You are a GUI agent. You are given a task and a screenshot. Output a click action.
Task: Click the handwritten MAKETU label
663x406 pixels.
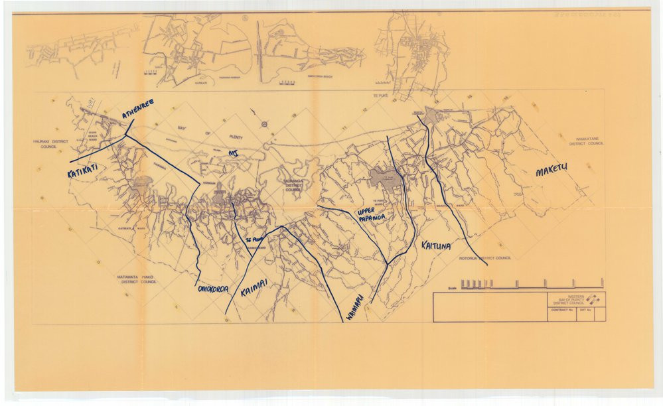[x=558, y=171]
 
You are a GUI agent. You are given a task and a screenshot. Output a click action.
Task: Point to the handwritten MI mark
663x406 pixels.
[x=233, y=153]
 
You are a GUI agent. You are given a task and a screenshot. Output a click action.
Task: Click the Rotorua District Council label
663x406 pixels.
[x=489, y=258]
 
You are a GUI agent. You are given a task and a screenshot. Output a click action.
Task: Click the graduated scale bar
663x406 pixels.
[x=531, y=284]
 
